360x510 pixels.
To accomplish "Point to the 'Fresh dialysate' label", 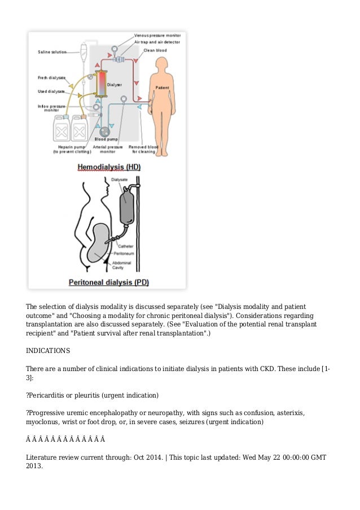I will click(x=51, y=77).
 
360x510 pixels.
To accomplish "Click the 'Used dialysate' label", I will click(x=51, y=91).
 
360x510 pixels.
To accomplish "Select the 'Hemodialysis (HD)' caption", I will click(x=108, y=168).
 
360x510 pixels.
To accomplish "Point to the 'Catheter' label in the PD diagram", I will click(x=126, y=246).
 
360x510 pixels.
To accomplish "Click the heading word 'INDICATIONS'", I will click(x=48, y=351).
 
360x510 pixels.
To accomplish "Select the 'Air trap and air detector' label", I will click(x=160, y=42).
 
